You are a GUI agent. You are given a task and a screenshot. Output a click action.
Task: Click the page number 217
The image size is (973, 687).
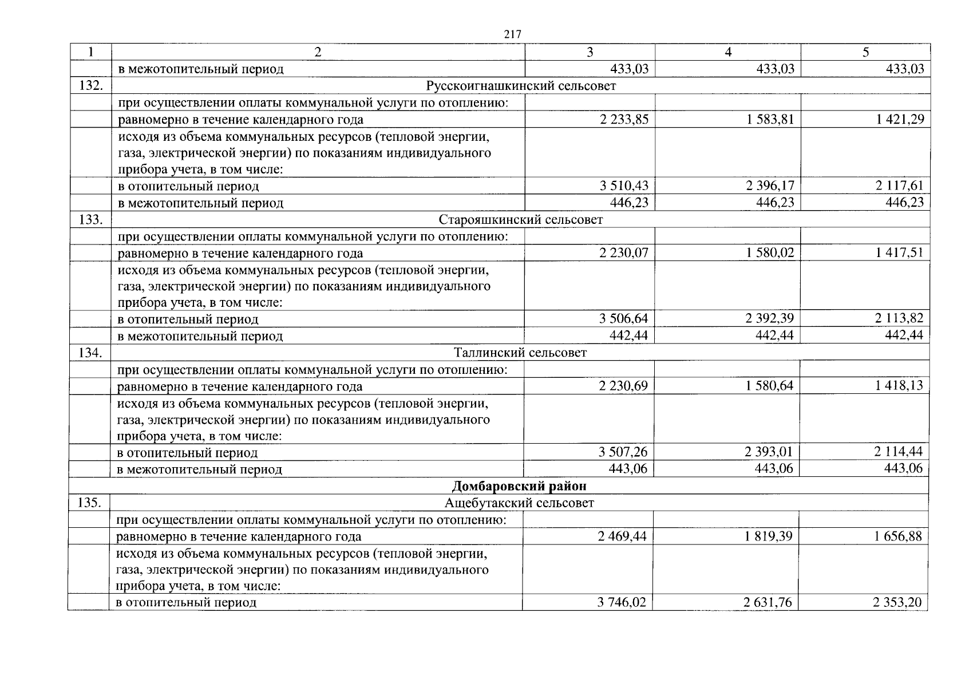tap(512, 35)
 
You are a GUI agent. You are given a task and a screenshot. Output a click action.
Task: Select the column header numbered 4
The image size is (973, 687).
tap(728, 52)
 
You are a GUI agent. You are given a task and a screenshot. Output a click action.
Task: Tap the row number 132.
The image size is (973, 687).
tap(90, 86)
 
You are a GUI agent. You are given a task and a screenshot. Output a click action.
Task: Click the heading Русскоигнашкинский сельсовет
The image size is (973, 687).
tap(521, 86)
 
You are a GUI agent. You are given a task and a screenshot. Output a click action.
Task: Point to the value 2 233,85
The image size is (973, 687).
tap(624, 119)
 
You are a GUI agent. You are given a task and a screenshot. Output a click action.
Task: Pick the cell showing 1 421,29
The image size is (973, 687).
tap(899, 119)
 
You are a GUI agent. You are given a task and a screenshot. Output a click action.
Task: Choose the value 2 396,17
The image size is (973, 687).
tap(769, 185)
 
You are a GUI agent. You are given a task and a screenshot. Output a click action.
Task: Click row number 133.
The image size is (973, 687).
tap(90, 220)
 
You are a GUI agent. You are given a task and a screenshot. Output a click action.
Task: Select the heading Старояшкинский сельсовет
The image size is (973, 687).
tap(521, 220)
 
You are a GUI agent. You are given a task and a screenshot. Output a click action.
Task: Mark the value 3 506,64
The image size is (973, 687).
tap(624, 318)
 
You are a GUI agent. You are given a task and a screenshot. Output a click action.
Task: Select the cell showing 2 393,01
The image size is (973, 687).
tap(769, 452)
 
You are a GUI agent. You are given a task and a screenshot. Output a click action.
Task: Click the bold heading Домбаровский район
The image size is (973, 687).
tap(519, 486)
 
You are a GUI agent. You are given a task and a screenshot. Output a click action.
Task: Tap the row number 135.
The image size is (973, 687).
tap(89, 503)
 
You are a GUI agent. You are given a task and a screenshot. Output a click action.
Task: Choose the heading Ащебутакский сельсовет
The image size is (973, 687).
tap(519, 503)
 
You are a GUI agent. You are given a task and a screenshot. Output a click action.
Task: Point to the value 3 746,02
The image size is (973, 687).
tap(622, 602)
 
